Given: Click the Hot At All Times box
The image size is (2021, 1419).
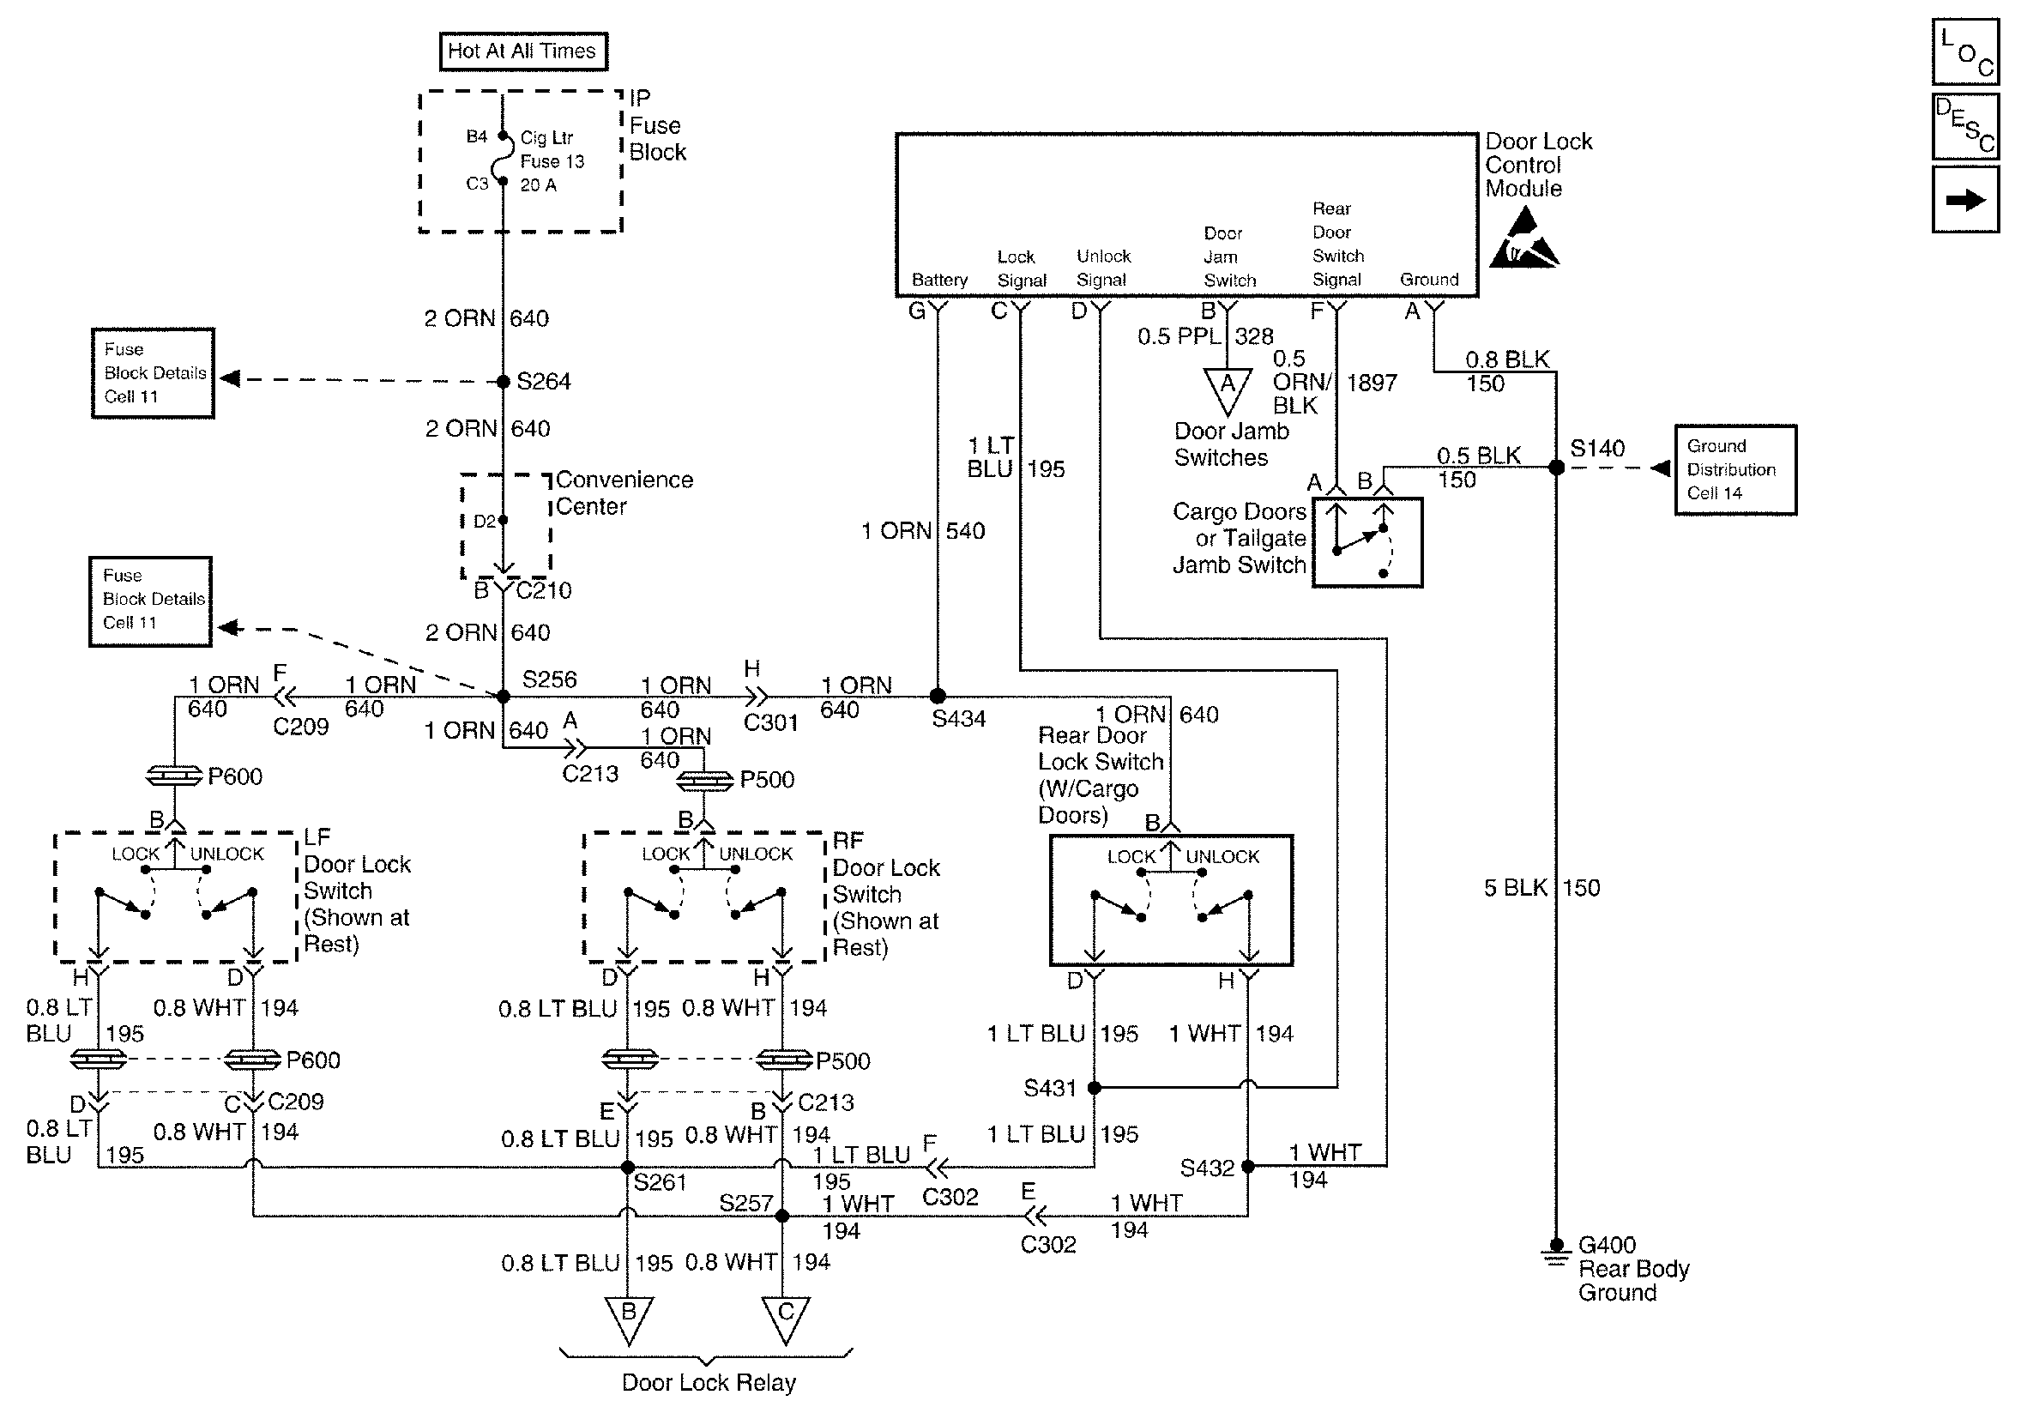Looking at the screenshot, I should [523, 51].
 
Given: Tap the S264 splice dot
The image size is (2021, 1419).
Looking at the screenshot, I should [504, 381].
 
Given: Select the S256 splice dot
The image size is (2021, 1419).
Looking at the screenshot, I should [504, 697].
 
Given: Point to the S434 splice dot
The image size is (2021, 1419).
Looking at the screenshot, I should [938, 697].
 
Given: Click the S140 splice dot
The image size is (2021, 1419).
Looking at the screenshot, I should [1556, 468].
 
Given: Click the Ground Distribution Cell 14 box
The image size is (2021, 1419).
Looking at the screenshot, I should [1735, 470].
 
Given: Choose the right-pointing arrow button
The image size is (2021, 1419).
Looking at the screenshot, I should [1965, 201].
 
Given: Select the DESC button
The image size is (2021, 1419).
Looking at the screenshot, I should [1965, 127].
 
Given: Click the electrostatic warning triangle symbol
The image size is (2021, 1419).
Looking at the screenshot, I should [1523, 239].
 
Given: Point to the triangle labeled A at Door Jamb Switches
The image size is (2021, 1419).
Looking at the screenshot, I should [1227, 388].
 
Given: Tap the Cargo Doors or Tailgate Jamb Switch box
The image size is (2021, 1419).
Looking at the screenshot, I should [1367, 542].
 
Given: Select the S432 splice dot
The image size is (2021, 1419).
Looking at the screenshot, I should [1247, 1167].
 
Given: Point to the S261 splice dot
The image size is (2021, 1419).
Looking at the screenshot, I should [628, 1168].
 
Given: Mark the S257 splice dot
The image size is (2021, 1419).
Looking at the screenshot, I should [781, 1216].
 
